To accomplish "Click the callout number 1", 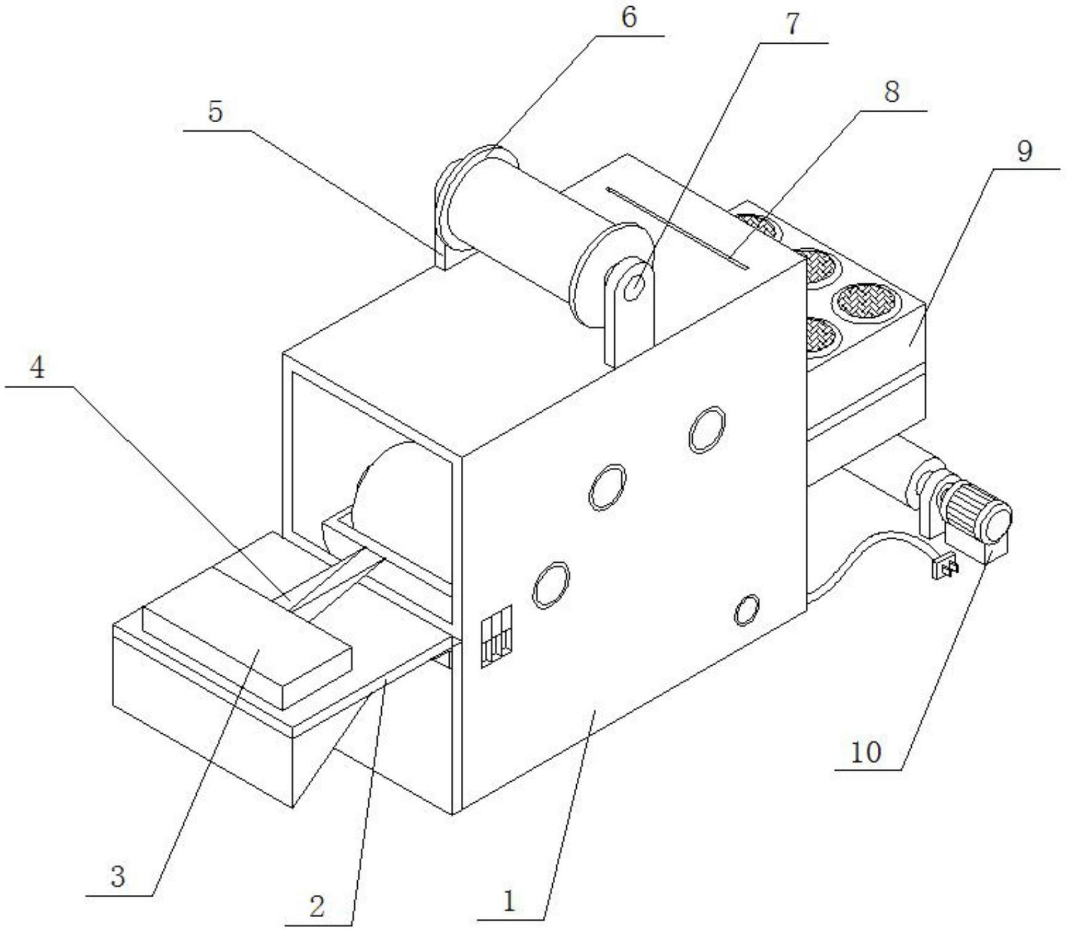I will click(x=509, y=902).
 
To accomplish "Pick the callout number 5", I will click(x=215, y=112).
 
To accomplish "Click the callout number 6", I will click(x=628, y=17).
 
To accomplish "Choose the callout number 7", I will click(x=792, y=25).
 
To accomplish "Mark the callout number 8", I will click(x=891, y=93).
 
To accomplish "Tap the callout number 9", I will click(x=1024, y=150).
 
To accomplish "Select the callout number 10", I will click(x=866, y=752).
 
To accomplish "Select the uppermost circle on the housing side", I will click(x=706, y=430).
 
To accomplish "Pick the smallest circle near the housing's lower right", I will click(x=746, y=610).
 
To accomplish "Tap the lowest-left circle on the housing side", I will click(x=550, y=584).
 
